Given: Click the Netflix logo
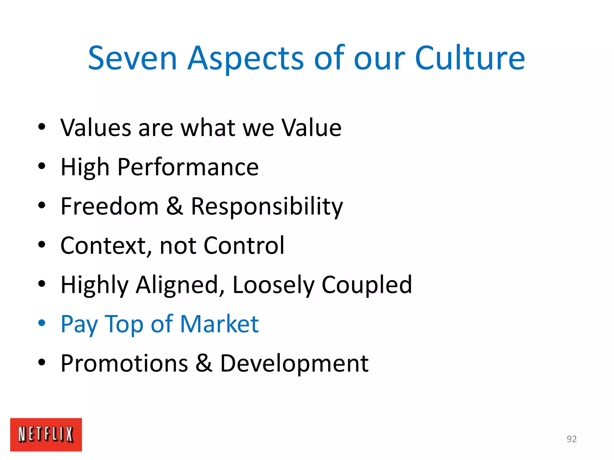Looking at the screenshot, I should tap(46, 434).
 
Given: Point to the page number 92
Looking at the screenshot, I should tap(571, 439).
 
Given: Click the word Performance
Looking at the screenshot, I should tap(188, 167).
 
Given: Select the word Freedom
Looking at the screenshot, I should tap(109, 206).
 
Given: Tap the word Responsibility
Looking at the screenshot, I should tap(267, 207).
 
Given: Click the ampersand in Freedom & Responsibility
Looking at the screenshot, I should tap(174, 206).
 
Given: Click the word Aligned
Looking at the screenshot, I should tap(180, 285).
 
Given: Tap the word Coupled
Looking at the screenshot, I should tap(367, 285).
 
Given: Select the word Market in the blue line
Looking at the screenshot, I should tap(219, 324).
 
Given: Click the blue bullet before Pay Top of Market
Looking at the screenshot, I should tap(42, 323).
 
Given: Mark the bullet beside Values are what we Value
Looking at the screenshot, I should tap(42, 127).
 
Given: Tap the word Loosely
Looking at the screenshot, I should tap(273, 285).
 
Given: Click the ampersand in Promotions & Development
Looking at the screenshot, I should tap(204, 363).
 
